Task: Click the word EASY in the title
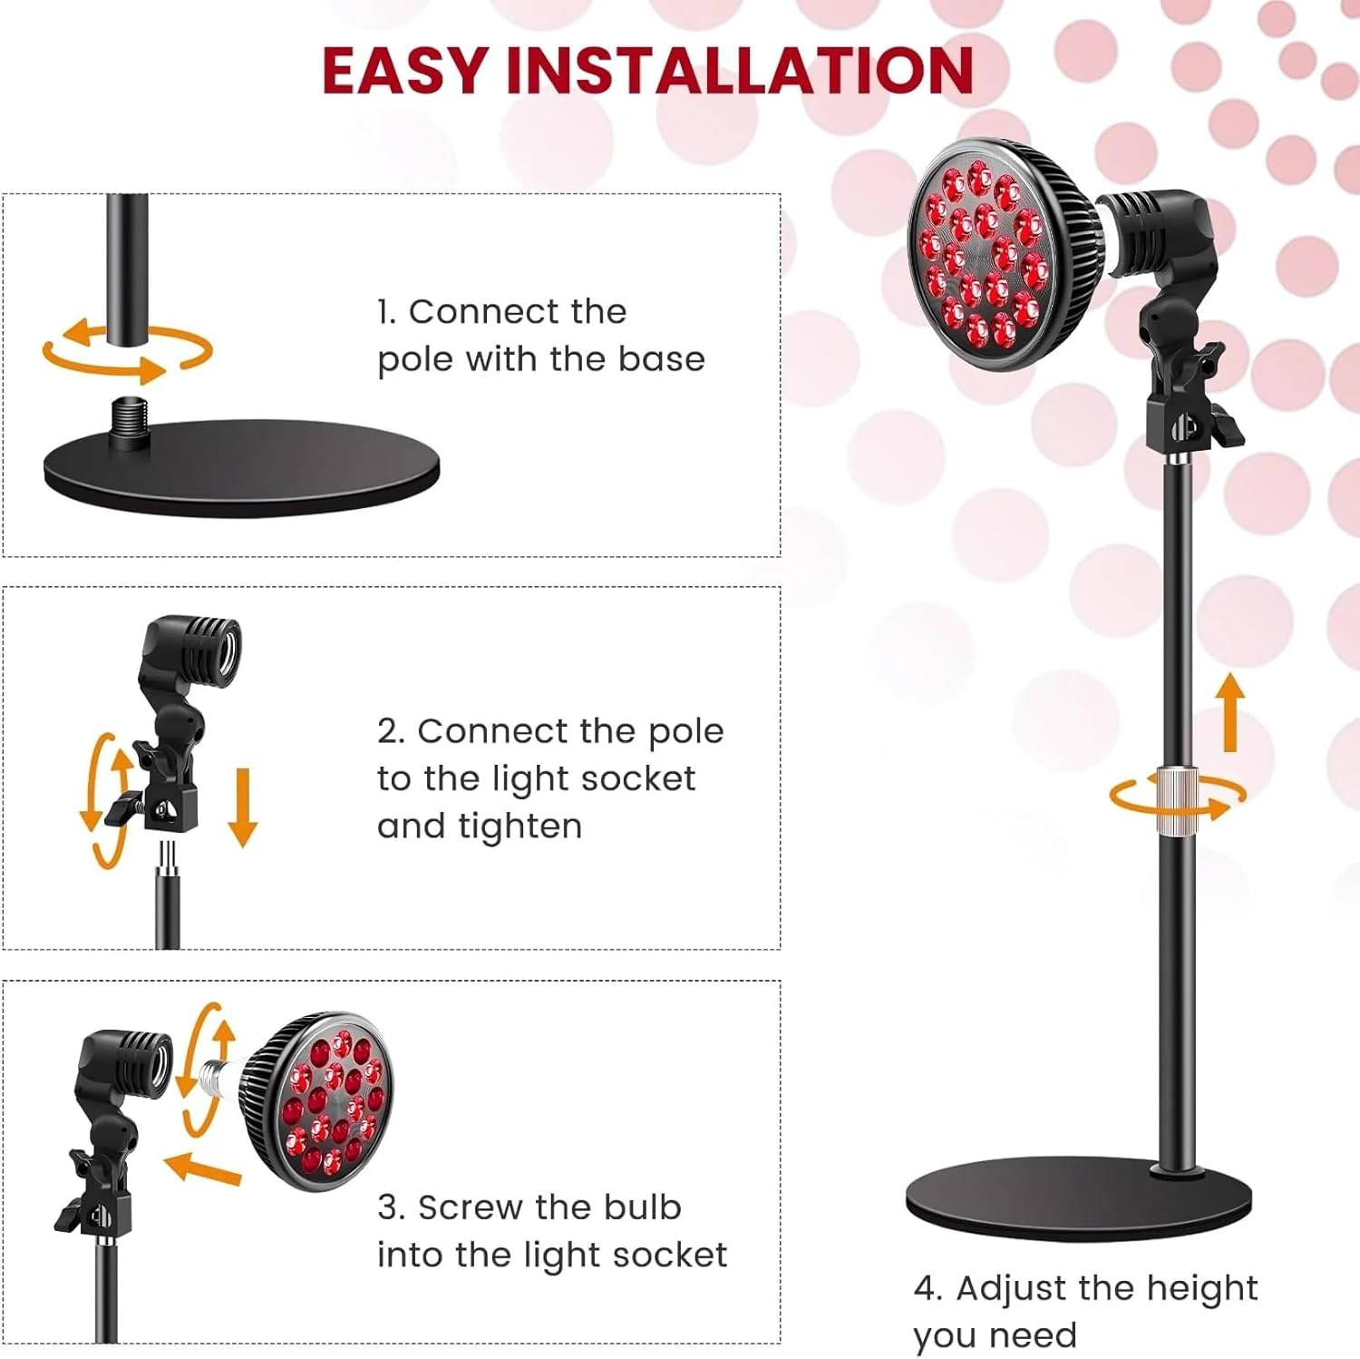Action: coord(405,71)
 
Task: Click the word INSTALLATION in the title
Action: coord(739,71)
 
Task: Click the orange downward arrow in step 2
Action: coord(242,807)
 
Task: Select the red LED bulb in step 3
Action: coord(326,1100)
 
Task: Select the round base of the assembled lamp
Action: coord(1079,1198)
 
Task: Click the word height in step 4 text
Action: coord(1201,1288)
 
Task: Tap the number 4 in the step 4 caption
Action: coord(925,1288)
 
